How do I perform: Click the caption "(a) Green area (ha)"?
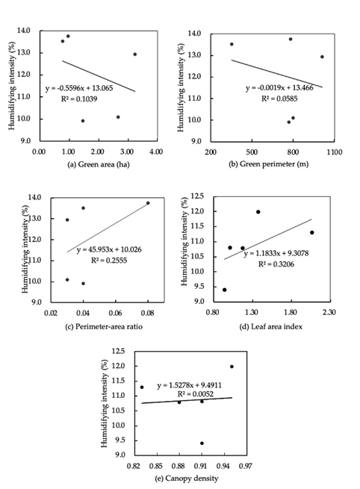click(x=99, y=164)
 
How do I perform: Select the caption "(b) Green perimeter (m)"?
click(x=269, y=164)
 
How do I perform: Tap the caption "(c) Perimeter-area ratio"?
click(x=104, y=326)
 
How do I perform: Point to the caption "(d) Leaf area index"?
click(x=271, y=326)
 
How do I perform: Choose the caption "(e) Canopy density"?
click(x=187, y=478)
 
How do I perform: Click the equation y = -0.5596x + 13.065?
click(x=79, y=88)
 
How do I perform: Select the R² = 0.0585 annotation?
click(x=279, y=99)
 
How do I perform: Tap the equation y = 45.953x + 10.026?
click(x=109, y=250)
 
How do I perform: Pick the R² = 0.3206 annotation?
click(x=276, y=264)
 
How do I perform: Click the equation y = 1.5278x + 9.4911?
click(x=190, y=385)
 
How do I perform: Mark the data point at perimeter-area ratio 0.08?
click(x=148, y=203)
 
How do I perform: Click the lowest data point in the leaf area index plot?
click(x=224, y=290)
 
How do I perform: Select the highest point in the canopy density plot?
click(x=232, y=367)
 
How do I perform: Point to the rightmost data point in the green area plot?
click(x=134, y=54)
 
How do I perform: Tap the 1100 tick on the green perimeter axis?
click(x=335, y=152)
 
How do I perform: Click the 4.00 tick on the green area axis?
click(x=156, y=152)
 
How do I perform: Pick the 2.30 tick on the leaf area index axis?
click(x=329, y=312)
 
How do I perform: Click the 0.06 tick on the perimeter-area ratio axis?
click(x=116, y=313)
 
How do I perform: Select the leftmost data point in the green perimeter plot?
click(x=232, y=44)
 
